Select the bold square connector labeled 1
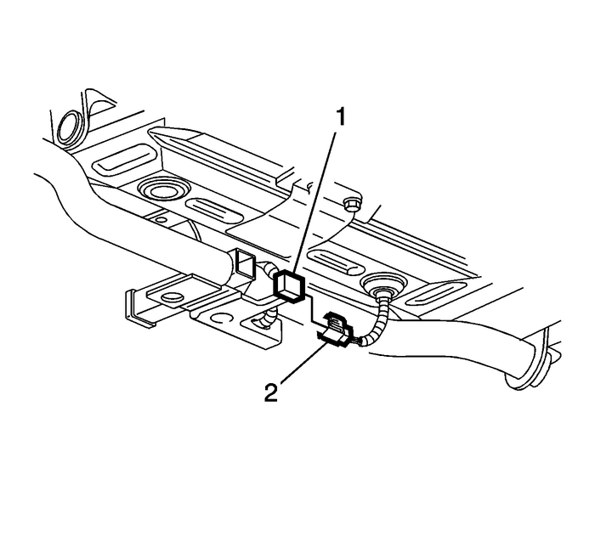pos(289,288)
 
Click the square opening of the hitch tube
pos(245,264)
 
